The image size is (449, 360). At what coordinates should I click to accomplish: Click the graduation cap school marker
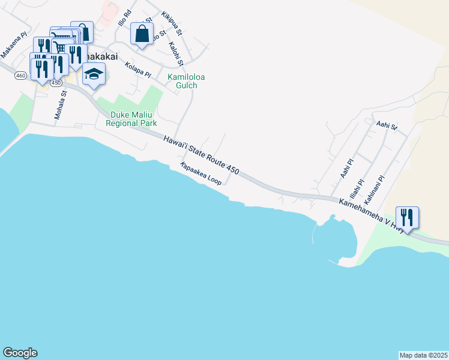(x=94, y=75)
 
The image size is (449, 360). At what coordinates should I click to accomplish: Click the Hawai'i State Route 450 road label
(x=201, y=155)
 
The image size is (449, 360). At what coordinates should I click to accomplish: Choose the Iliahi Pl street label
(x=361, y=175)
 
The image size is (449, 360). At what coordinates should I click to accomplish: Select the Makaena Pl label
(x=14, y=46)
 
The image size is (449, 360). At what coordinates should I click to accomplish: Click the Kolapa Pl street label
(x=138, y=68)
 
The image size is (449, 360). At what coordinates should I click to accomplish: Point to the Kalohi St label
(x=176, y=52)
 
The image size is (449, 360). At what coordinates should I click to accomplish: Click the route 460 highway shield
(x=21, y=75)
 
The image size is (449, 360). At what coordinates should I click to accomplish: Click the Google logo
(x=20, y=353)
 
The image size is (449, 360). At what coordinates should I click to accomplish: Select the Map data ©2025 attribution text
(x=423, y=355)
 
